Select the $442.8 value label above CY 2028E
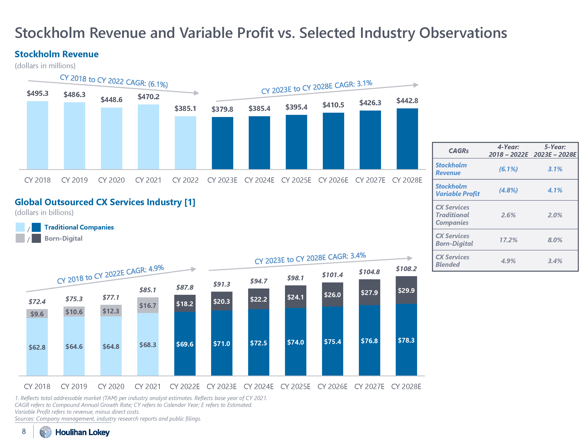[407, 101]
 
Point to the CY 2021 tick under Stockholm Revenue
[148, 180]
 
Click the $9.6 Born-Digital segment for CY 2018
[37, 314]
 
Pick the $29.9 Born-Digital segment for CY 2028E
[406, 290]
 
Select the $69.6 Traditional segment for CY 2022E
[185, 344]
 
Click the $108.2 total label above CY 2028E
[406, 269]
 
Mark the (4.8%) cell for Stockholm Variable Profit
[508, 190]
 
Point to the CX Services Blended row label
[452, 261]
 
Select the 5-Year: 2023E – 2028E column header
[555, 151]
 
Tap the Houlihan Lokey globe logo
[45, 432]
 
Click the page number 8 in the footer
[24, 431]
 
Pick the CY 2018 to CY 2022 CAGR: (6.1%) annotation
[114, 81]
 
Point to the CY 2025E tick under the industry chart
[295, 387]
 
